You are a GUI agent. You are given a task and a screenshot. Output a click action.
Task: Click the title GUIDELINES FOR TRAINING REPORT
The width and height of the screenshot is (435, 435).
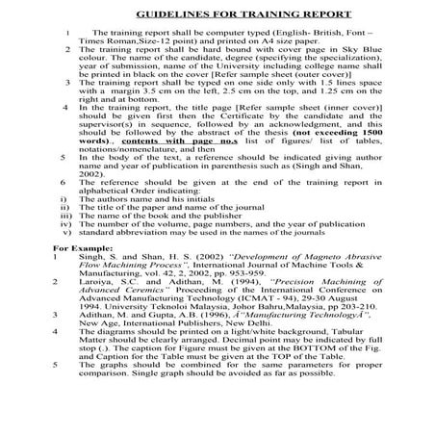217,17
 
